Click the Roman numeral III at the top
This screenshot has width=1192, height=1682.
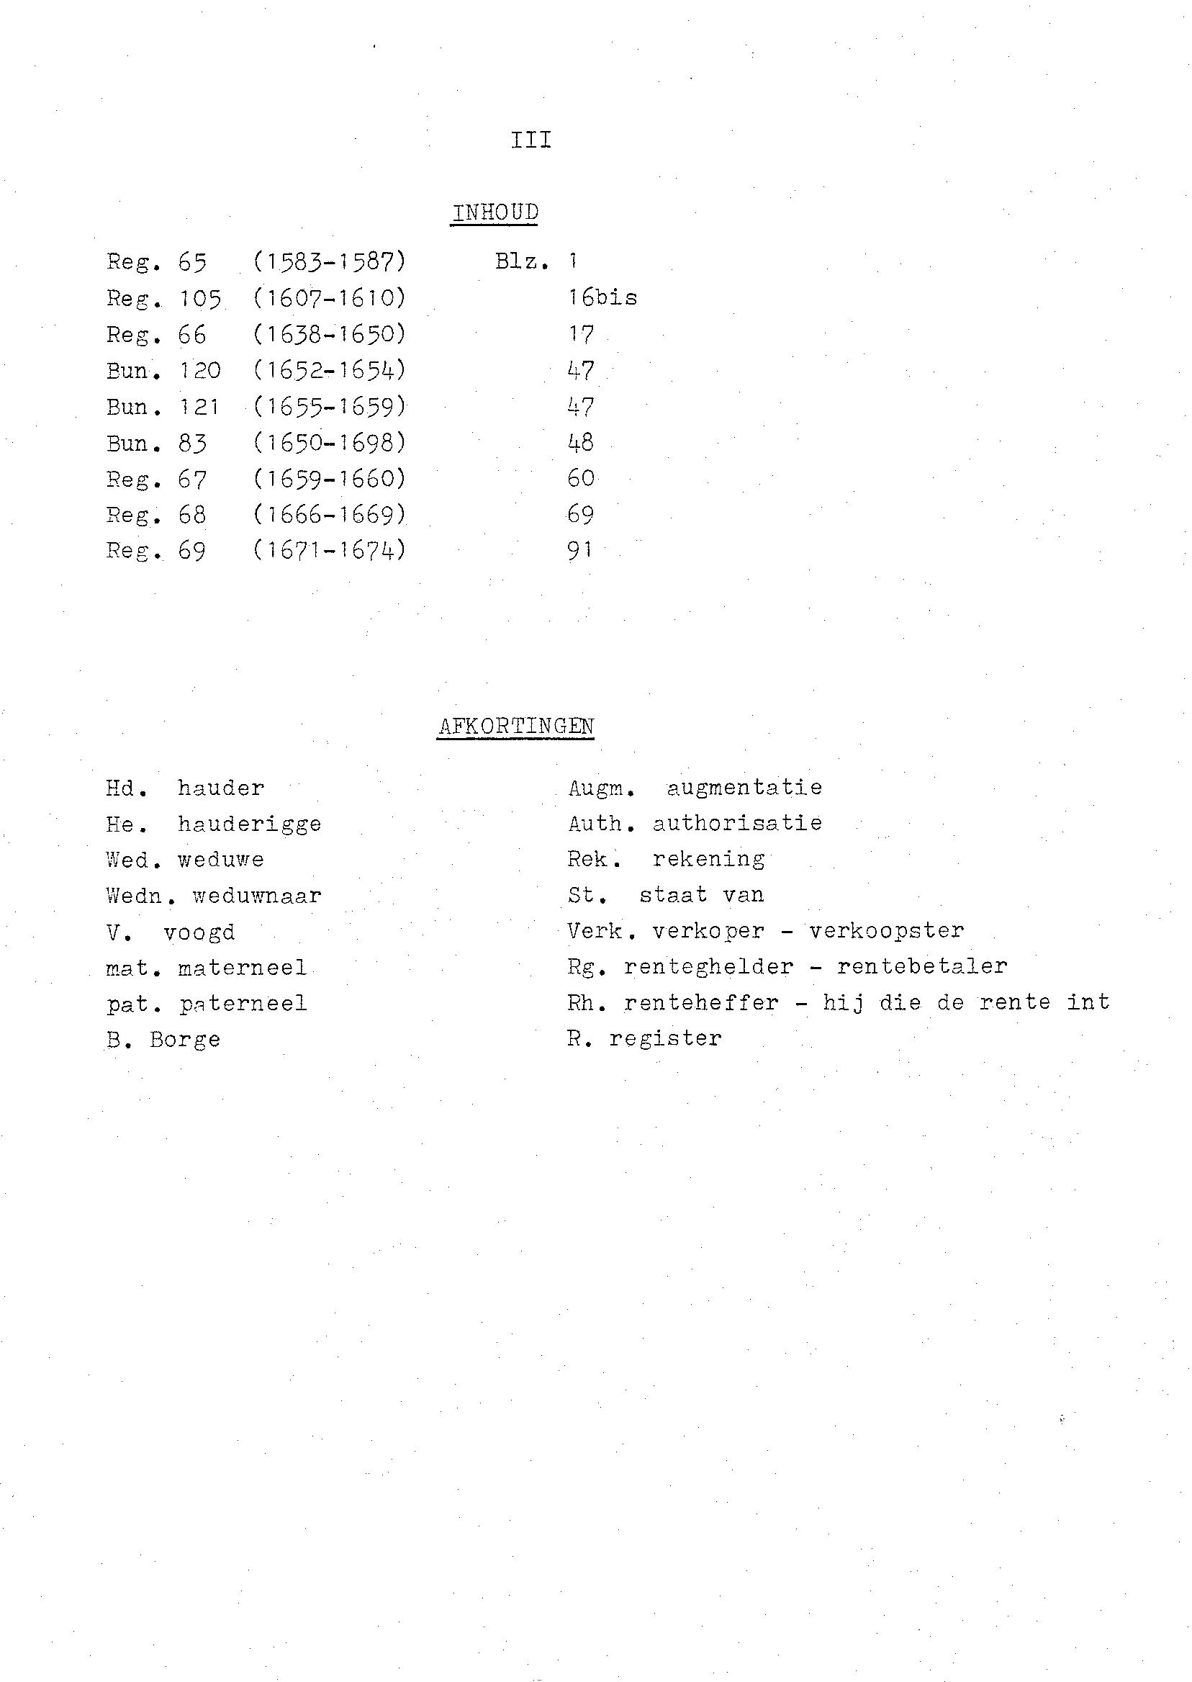tap(530, 140)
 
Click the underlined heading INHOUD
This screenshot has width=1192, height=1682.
tap(495, 212)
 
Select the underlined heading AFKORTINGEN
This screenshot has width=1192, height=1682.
tap(515, 726)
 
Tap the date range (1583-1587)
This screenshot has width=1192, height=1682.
tap(330, 261)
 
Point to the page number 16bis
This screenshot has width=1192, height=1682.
tap(602, 298)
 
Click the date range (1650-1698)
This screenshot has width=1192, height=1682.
tap(330, 443)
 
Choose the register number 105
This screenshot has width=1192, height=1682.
tap(200, 298)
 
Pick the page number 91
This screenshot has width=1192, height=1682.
tap(579, 551)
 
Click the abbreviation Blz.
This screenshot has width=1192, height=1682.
tap(522, 261)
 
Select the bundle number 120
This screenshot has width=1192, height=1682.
tap(200, 370)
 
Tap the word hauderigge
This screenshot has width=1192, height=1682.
tap(250, 824)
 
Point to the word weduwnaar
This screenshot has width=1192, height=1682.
tap(257, 896)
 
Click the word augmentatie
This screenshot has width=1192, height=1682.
tap(744, 788)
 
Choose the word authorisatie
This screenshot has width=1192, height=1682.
tap(737, 823)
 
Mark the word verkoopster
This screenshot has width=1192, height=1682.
tap(887, 931)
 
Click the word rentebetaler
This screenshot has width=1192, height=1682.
tap(922, 966)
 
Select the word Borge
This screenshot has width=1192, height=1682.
tap(185, 1040)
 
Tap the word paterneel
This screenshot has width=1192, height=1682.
tap(243, 1004)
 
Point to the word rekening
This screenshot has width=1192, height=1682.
tap(708, 859)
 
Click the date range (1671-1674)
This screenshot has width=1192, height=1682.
tap(330, 551)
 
